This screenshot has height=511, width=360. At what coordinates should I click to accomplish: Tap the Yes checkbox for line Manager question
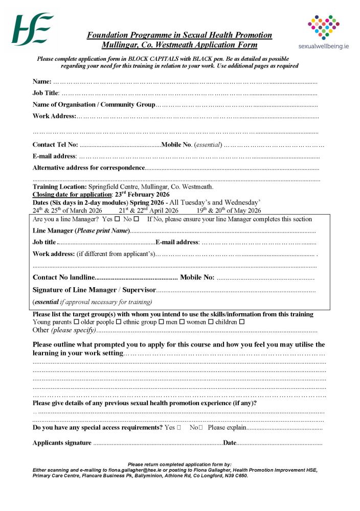pos(117,219)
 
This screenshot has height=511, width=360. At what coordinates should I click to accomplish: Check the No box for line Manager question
pos(136,219)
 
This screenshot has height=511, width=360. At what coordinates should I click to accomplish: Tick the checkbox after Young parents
pos(76,322)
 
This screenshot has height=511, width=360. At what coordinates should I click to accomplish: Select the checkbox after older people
pos(118,322)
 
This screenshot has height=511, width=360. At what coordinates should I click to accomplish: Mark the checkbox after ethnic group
pos(162,322)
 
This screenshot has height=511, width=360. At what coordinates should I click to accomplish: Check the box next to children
pos(242,322)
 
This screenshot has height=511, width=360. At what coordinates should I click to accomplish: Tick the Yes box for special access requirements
pos(178,427)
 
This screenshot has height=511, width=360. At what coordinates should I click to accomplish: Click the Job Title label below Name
pos(46,93)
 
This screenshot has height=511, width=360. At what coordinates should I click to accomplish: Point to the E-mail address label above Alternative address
pos(54,156)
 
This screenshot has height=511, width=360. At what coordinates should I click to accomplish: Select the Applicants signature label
pos(62,443)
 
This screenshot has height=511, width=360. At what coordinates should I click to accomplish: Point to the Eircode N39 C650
pos(235,475)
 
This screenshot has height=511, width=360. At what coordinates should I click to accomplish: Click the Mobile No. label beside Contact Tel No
pos(176,145)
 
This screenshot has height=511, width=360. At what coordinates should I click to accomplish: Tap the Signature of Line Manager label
pos(94,290)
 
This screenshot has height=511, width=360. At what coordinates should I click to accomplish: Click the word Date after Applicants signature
pos(230,443)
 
